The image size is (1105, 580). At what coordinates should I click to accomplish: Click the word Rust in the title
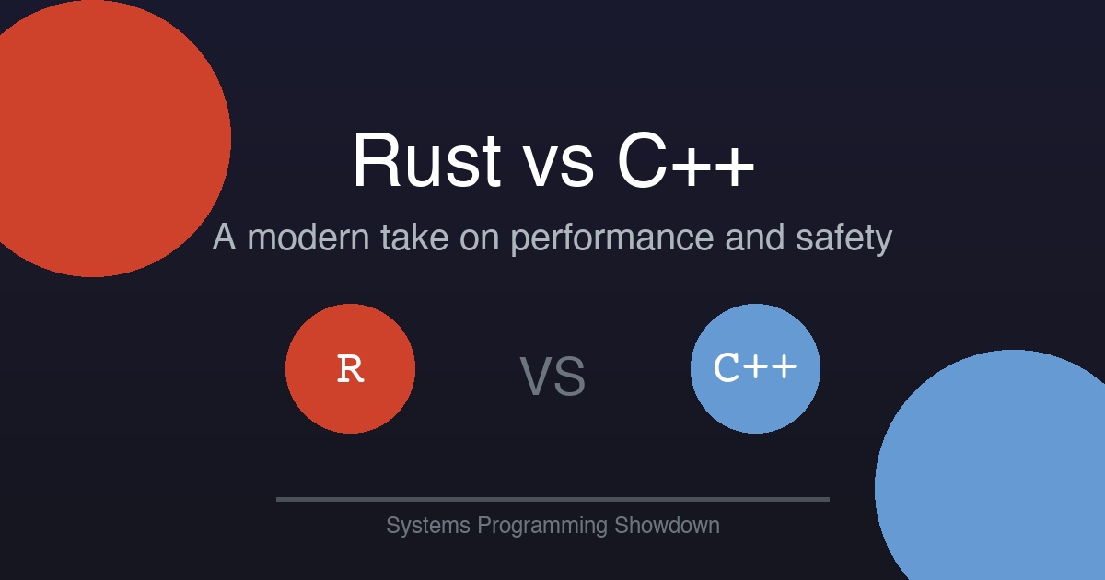click(425, 160)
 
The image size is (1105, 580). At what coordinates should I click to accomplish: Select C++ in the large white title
click(686, 160)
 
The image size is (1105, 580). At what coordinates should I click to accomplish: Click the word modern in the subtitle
click(308, 238)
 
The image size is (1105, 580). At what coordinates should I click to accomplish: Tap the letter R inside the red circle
click(350, 369)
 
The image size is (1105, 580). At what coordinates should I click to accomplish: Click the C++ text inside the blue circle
click(755, 368)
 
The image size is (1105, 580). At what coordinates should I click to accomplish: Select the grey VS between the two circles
click(552, 377)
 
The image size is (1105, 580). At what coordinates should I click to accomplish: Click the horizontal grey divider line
click(552, 499)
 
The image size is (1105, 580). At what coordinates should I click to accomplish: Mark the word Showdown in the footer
click(667, 526)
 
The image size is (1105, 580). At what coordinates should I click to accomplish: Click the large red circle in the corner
click(92, 138)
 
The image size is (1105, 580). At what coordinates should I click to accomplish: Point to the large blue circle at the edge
click(1004, 479)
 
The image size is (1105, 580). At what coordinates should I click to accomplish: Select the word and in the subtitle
click(754, 238)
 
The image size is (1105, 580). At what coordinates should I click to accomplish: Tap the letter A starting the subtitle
click(225, 238)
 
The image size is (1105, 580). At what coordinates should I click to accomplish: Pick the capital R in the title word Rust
click(375, 160)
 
